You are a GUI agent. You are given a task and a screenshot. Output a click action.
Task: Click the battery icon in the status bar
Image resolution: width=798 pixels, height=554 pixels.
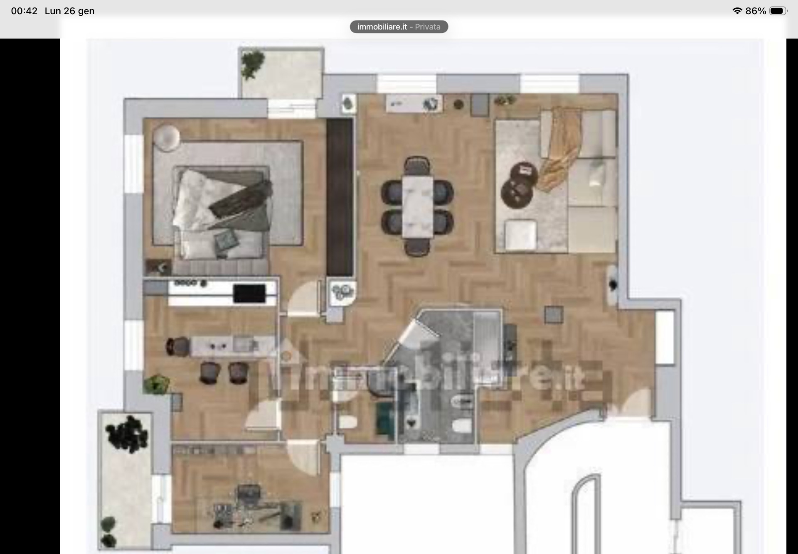click(778, 11)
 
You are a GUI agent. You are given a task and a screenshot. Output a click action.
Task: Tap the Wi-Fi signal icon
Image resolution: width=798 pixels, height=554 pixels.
click(737, 11)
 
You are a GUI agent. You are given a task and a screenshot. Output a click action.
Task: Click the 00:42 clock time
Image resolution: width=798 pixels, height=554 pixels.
click(24, 11)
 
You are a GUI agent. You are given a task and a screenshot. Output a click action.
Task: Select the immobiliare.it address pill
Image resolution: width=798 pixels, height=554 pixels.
click(399, 27)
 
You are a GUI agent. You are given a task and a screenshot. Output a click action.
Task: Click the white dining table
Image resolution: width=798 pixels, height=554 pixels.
click(417, 207)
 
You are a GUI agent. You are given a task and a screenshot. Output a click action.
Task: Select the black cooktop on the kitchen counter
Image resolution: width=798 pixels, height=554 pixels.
click(249, 294)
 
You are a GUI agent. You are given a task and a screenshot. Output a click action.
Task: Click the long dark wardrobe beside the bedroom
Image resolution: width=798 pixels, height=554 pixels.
click(340, 198)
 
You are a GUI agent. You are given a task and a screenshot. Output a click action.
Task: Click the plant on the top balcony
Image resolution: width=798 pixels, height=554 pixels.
click(252, 64)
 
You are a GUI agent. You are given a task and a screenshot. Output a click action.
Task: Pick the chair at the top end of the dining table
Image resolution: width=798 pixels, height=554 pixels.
click(417, 166)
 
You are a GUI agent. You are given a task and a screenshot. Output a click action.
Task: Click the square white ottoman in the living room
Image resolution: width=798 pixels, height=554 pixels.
click(520, 235)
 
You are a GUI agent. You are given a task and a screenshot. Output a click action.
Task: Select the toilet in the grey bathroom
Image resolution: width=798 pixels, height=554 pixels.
click(462, 426)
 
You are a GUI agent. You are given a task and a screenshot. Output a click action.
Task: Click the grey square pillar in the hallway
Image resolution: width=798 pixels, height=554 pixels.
click(554, 315)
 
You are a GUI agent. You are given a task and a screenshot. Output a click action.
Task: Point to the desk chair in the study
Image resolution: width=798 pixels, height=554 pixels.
click(249, 494)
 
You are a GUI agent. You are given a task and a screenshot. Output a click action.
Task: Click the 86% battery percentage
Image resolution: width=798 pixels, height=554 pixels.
click(756, 11)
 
